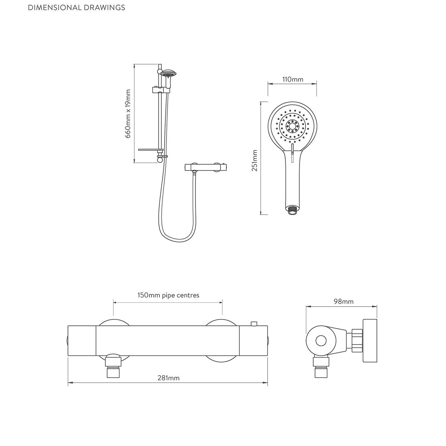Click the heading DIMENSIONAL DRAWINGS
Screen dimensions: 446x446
77,8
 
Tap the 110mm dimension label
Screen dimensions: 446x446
293,80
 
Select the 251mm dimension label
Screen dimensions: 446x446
255,160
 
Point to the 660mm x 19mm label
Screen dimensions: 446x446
128,114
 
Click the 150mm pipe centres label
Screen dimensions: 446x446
168,295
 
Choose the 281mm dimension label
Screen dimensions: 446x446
168,378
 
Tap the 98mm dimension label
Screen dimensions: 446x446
343,301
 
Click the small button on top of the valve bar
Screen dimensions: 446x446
254,324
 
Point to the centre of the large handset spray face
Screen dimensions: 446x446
292,126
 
